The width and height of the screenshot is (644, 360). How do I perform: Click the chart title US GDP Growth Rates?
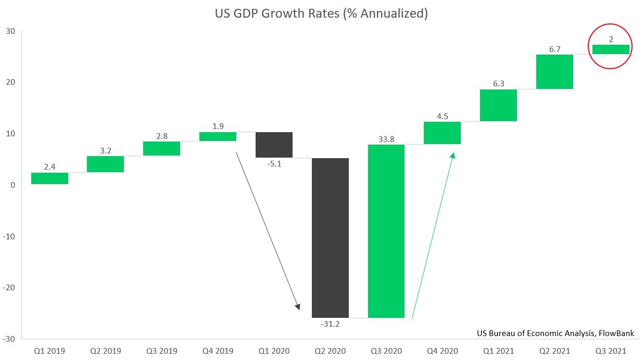point(321,14)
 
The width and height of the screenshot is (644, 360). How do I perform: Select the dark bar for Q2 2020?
point(330,238)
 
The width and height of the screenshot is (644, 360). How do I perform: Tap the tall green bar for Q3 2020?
point(386,231)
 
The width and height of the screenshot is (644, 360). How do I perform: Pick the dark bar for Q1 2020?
point(274,145)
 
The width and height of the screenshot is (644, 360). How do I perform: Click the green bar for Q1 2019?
point(49,178)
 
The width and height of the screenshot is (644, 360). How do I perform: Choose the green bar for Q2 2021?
point(554,72)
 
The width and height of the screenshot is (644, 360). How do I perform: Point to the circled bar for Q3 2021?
point(611,49)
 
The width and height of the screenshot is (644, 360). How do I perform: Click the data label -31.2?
point(330,324)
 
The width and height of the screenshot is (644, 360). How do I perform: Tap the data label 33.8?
point(386,139)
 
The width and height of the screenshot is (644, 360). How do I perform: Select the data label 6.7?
point(554,49)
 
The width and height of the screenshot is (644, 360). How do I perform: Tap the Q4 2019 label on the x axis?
point(218,351)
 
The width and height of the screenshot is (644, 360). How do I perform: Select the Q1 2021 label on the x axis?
point(498,351)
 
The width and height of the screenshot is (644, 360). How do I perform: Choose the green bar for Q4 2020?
point(442,133)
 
